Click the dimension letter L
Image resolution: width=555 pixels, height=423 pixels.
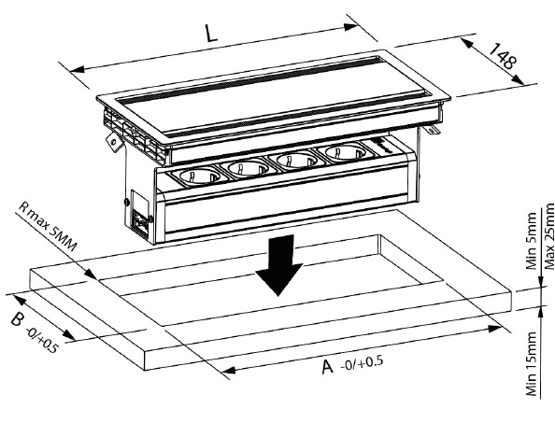coord(211,34)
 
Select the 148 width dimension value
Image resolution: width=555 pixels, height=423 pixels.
coord(504,56)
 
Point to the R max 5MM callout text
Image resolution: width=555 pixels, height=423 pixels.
coord(47,226)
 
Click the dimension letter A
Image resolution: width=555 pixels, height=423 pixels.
coord(327,367)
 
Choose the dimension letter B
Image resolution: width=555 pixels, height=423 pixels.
coord(18,320)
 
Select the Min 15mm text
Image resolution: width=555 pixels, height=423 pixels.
coord(532,364)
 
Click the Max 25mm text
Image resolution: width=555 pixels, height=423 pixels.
coord(549,236)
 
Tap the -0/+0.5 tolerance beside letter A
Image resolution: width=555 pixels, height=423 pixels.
coord(362,363)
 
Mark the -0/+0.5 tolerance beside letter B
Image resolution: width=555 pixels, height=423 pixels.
coord(41,340)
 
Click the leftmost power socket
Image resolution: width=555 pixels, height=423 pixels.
coord(200,176)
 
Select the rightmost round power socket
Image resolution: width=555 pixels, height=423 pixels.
coord(345,153)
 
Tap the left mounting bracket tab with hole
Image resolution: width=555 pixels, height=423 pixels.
coord(114,141)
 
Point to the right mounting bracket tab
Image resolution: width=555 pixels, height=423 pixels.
coord(432,129)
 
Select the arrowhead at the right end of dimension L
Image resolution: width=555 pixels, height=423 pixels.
coord(351,26)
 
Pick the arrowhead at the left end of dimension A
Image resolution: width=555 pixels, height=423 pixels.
coord(229,371)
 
